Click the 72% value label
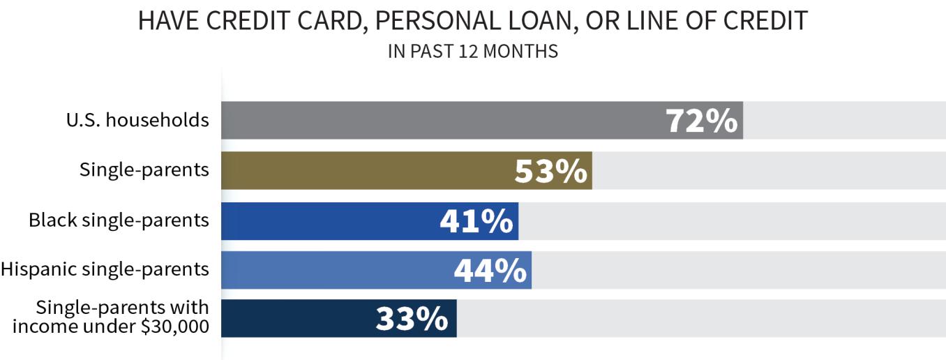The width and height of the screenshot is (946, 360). [x=702, y=121]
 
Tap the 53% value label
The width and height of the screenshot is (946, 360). [x=551, y=171]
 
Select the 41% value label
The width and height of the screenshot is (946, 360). [x=477, y=221]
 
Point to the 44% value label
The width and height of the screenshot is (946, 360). [x=490, y=271]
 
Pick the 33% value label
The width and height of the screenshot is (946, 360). [x=412, y=320]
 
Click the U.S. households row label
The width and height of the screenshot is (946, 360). [x=137, y=120]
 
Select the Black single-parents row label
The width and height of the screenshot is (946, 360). [x=119, y=220]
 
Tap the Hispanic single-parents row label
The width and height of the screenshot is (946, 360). [x=105, y=269]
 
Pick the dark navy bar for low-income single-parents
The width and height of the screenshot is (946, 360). [x=293, y=319]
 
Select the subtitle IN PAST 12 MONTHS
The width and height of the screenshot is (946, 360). [x=473, y=52]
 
